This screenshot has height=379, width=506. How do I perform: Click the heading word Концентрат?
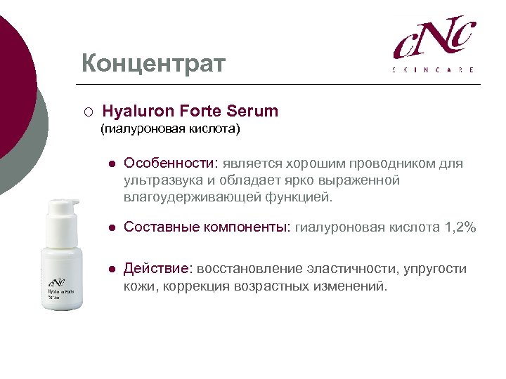[153, 64]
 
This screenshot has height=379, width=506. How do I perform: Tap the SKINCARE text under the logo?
[433, 69]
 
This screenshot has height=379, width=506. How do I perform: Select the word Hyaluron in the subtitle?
[138, 111]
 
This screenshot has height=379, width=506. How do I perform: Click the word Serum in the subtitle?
[253, 111]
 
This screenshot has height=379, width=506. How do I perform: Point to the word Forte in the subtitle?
[202, 111]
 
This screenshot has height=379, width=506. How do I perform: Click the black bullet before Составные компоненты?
[111, 228]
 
